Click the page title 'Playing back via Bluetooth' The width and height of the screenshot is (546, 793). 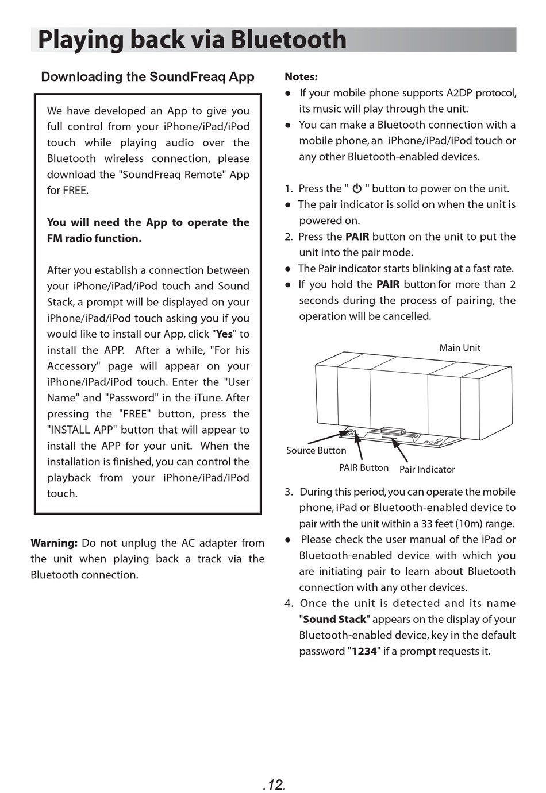point(192,40)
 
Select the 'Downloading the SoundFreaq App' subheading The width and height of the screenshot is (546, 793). point(148,77)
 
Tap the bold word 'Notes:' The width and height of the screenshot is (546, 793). point(301,77)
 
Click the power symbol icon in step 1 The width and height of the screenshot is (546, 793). point(357,188)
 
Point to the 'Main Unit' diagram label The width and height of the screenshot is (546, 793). point(459,347)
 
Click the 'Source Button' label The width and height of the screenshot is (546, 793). point(316,450)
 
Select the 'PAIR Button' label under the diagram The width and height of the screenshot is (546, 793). point(363,467)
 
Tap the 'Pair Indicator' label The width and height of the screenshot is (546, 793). point(427,469)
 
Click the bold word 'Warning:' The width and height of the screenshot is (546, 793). point(54,543)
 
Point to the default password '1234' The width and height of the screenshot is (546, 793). point(364,651)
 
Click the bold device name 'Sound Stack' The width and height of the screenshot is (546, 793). point(334,619)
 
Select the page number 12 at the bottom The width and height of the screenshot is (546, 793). point(274,784)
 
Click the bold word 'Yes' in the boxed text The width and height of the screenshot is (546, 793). point(224,334)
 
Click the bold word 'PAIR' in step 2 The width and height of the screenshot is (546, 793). point(357,237)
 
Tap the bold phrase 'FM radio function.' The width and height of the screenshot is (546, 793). point(94,238)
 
